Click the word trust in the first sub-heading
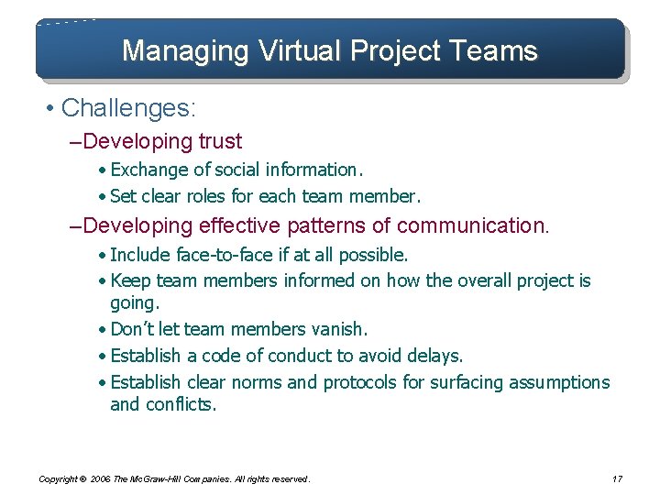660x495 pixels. [220, 141]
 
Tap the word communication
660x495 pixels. [472, 225]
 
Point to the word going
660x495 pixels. [134, 302]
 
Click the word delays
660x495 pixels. [435, 355]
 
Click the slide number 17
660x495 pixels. [616, 478]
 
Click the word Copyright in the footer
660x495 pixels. [59, 478]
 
